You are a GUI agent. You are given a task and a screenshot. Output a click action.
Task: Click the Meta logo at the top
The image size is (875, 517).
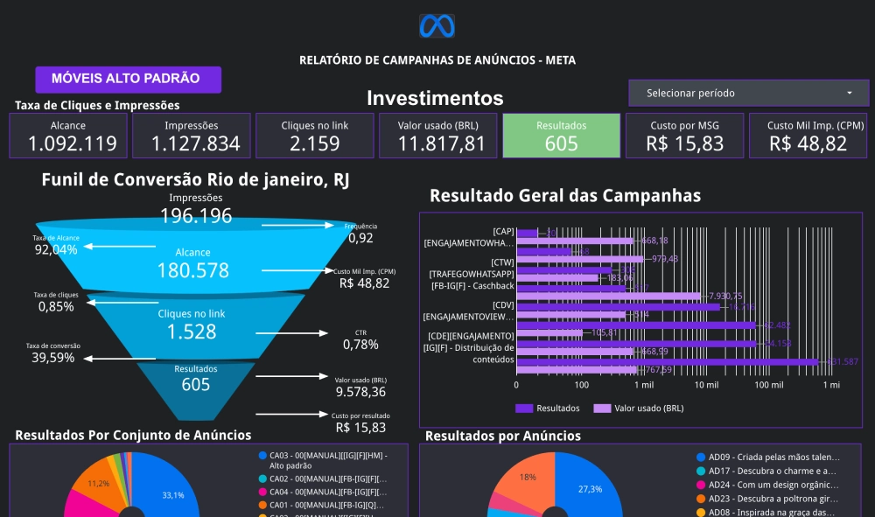click(437, 26)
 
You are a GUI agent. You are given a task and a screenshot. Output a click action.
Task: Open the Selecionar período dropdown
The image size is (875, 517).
click(747, 93)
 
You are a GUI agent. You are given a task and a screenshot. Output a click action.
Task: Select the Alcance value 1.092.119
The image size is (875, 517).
click(68, 143)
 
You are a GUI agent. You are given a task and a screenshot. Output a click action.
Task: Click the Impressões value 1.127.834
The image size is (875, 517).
click(192, 143)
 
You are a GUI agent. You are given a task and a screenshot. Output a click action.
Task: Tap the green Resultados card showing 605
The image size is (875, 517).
click(561, 136)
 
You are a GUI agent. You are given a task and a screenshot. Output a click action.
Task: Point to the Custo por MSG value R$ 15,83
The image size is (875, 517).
click(685, 143)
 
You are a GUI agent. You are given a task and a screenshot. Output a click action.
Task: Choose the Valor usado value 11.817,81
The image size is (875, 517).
click(438, 143)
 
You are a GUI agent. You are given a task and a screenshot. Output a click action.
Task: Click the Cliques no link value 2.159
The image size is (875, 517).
click(315, 143)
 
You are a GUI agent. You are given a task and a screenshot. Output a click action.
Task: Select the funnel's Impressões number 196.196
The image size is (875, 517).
click(196, 215)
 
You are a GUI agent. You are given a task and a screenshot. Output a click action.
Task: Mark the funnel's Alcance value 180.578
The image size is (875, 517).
click(192, 270)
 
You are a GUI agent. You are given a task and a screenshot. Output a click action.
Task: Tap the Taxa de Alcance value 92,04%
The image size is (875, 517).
click(56, 250)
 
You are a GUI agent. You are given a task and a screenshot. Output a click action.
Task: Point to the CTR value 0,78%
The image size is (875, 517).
click(361, 345)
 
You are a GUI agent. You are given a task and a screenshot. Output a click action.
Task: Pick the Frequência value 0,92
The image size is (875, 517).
click(360, 237)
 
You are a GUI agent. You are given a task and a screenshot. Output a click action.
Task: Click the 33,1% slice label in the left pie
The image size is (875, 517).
click(173, 496)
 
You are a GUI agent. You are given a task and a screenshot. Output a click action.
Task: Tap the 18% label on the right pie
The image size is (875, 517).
click(528, 477)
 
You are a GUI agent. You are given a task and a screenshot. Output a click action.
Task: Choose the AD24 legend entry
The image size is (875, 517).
click(766, 484)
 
